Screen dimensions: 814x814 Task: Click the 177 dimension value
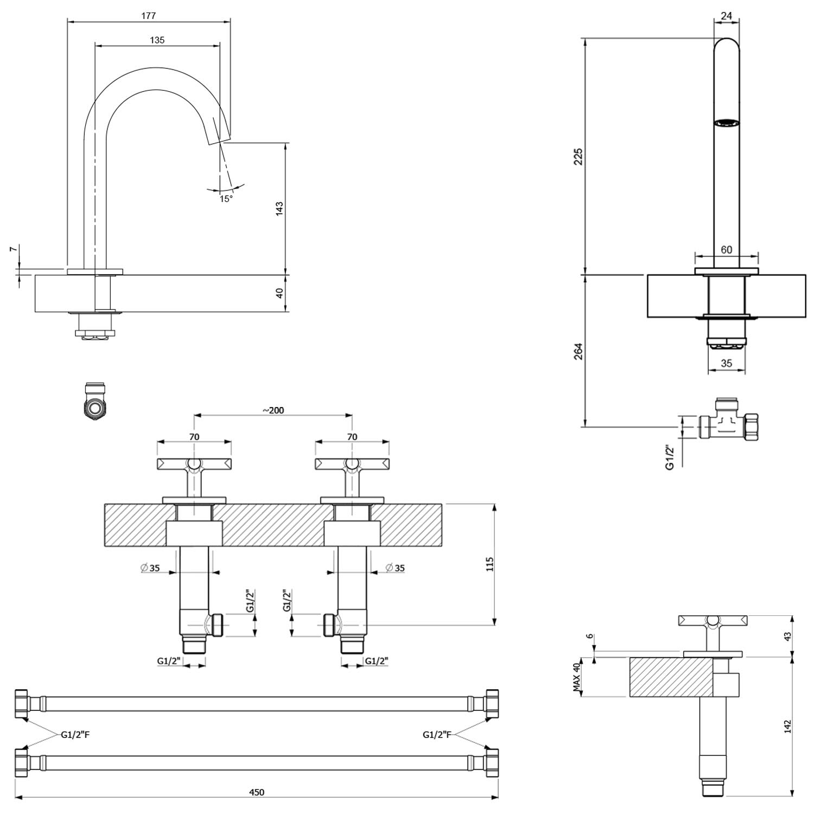pyautogui.click(x=149, y=16)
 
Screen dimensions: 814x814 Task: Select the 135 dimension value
pyautogui.click(x=157, y=40)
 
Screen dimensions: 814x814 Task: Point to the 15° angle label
pyautogui.click(x=226, y=199)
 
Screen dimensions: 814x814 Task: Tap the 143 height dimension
pyautogui.click(x=279, y=208)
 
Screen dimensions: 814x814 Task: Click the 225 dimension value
pyautogui.click(x=578, y=156)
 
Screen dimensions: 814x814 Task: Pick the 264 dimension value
pyautogui.click(x=578, y=351)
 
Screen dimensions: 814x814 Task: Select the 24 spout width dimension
pyautogui.click(x=727, y=16)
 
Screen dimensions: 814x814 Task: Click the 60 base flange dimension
pyautogui.click(x=727, y=250)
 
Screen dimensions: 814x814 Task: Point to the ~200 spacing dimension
pyautogui.click(x=274, y=410)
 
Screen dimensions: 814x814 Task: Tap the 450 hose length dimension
pyautogui.click(x=257, y=792)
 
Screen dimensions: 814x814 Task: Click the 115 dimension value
pyautogui.click(x=490, y=564)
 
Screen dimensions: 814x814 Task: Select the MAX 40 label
pyautogui.click(x=577, y=677)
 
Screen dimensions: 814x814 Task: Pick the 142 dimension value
pyautogui.click(x=788, y=726)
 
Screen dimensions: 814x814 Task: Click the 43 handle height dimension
pyautogui.click(x=788, y=635)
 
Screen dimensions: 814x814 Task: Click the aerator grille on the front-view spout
pyautogui.click(x=727, y=123)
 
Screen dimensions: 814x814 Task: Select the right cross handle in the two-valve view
pyautogui.click(x=352, y=464)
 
